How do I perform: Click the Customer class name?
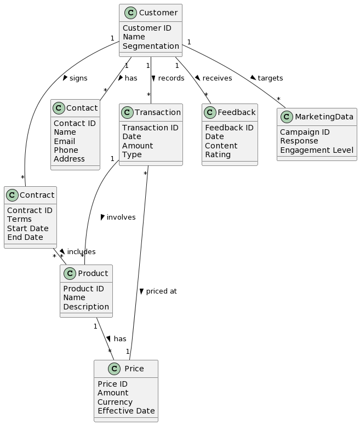(x=158, y=13)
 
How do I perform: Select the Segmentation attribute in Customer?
(x=151, y=46)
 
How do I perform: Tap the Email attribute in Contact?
(x=65, y=141)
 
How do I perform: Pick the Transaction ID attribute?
(x=150, y=128)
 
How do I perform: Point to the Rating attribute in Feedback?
(x=218, y=154)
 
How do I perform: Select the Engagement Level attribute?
(x=316, y=150)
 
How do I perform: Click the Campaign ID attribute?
(x=305, y=133)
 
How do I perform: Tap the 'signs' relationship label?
(x=78, y=78)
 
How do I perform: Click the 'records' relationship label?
(x=171, y=78)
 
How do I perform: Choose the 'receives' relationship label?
(x=217, y=78)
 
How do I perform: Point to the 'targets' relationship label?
(x=270, y=78)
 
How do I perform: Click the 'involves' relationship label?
(x=121, y=217)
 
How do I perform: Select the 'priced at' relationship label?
(x=161, y=291)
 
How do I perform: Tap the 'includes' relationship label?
(x=81, y=252)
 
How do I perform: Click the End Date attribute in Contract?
(x=25, y=237)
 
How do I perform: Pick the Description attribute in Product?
(x=86, y=307)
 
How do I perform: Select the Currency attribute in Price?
(x=115, y=402)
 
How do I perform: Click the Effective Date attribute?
(x=126, y=411)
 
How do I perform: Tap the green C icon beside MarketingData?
(x=286, y=117)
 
